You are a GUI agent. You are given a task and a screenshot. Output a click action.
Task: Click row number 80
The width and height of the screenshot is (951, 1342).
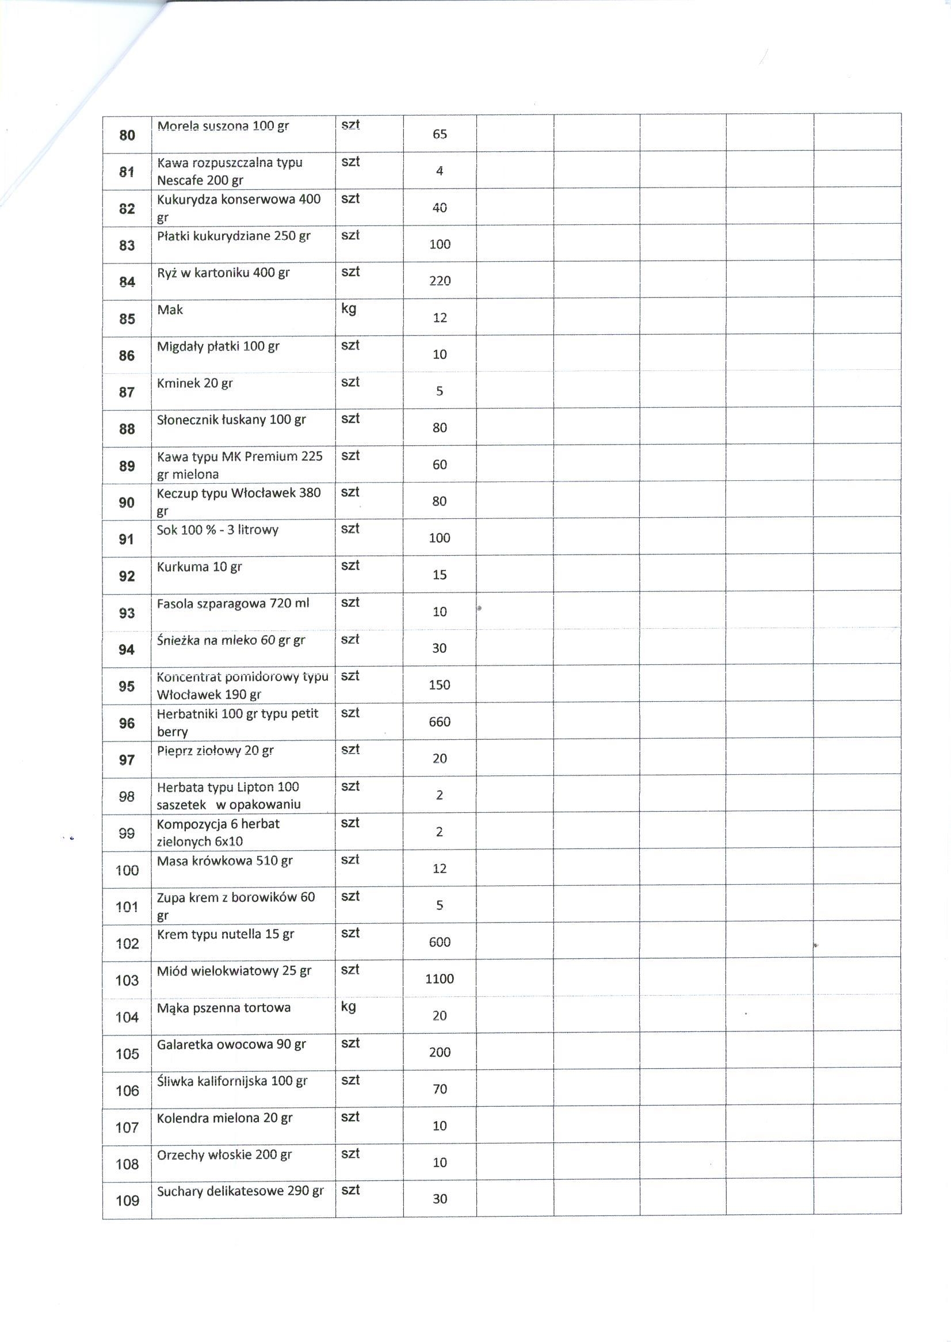pos(127,135)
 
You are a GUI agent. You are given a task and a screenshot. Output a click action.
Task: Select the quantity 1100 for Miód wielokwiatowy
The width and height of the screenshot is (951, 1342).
pos(439,978)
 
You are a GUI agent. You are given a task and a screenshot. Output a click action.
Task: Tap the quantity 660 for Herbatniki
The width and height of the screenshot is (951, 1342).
pos(439,721)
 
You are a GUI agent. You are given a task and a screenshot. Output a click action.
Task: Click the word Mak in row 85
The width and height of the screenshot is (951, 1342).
pos(170,309)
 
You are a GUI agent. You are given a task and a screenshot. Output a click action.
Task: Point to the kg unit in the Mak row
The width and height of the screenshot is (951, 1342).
pos(349,308)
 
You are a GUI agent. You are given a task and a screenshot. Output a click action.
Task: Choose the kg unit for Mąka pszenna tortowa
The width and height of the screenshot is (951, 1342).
pos(349,1007)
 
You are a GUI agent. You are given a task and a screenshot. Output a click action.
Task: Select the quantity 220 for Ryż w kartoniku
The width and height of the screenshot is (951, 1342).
pos(439,281)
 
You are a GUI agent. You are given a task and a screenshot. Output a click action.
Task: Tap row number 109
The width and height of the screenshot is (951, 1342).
pos(127,1201)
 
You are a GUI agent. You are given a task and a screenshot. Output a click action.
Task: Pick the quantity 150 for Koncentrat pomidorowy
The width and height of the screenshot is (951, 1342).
pos(439,685)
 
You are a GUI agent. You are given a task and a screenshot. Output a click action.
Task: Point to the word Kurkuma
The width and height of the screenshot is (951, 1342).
pos(183,567)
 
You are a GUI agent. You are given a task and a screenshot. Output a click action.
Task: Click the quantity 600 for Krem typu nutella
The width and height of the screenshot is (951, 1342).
pos(439,942)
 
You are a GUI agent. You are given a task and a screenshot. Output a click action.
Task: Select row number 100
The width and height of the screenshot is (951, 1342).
pos(127,871)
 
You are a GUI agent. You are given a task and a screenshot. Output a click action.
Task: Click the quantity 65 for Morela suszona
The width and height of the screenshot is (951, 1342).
pos(439,134)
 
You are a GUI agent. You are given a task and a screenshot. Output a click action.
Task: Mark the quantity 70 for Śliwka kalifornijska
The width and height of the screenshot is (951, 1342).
pos(439,1089)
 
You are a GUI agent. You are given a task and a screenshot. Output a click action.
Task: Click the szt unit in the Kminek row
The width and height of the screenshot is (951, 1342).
pos(350,383)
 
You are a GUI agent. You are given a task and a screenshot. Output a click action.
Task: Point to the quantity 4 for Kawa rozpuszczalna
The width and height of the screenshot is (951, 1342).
pos(439,171)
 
